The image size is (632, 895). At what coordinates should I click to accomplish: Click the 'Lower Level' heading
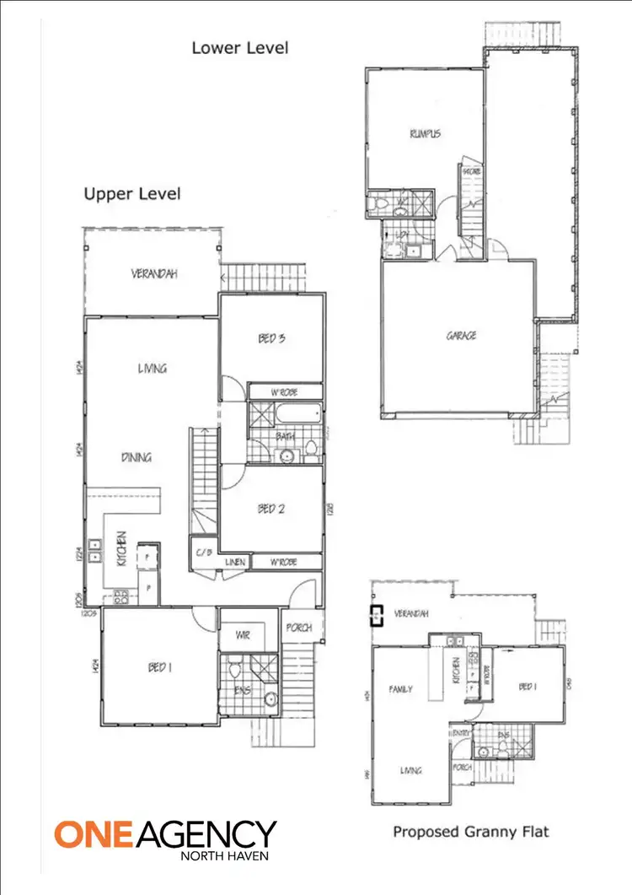(x=239, y=47)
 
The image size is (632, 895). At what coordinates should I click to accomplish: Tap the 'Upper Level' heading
(x=131, y=194)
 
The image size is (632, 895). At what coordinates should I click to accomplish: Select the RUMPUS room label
(x=425, y=134)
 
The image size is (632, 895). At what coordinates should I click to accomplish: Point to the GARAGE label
(x=461, y=336)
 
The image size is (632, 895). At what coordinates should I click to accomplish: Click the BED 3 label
(x=271, y=339)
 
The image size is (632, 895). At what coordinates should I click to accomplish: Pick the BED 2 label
(x=271, y=509)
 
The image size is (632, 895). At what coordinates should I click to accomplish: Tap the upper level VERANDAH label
(x=154, y=274)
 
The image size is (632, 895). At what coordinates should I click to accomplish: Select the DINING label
(x=136, y=458)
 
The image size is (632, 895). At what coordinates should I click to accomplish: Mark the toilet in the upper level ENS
(x=235, y=672)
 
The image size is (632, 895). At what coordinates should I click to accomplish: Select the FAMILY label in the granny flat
(x=399, y=689)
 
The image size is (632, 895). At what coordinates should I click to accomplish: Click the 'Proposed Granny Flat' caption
(x=470, y=832)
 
